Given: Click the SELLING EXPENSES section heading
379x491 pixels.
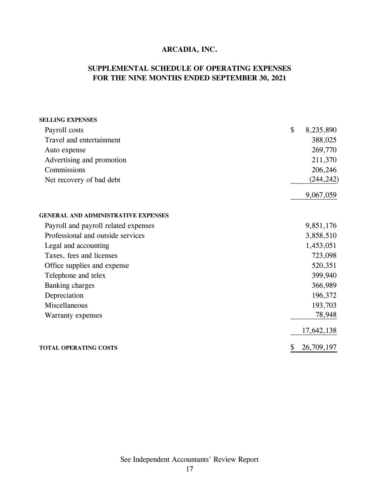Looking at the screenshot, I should [68, 120].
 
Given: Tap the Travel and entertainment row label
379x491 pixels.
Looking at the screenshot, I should [82, 140].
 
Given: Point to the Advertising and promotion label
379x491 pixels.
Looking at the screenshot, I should [85, 160].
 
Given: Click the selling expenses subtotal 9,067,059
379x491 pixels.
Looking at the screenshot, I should [321, 195].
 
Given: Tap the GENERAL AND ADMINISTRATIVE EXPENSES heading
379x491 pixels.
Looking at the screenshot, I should [103, 215].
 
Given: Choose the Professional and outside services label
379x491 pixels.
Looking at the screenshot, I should [94, 236].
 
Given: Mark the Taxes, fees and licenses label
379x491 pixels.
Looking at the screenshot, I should [81, 255].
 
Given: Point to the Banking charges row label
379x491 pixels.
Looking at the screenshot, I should [69, 286].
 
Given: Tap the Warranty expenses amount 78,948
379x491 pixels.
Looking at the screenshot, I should [326, 315].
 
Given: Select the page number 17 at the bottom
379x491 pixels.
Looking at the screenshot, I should [189, 469].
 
